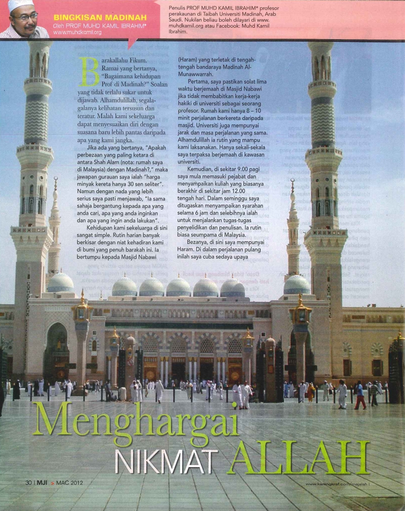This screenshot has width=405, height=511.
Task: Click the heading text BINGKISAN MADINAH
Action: click(x=100, y=17)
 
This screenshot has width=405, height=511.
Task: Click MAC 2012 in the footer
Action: click(x=70, y=483)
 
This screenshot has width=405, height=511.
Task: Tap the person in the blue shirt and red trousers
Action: click(x=360, y=395)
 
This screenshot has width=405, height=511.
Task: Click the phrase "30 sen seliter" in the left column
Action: click(x=140, y=185)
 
